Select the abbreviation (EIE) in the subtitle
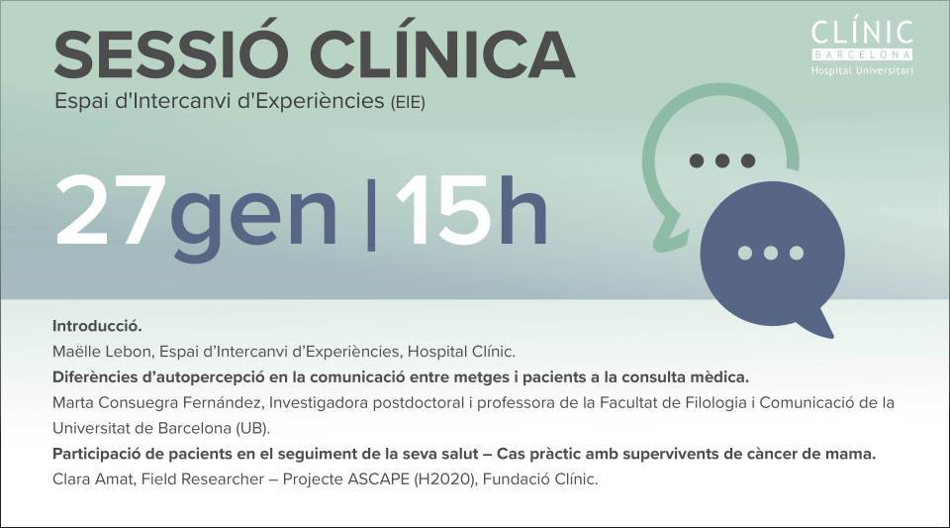point(407,102)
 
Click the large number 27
point(111,210)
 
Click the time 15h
point(471,210)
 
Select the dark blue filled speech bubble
point(772,255)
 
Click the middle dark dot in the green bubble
point(722,160)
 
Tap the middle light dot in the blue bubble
point(771,253)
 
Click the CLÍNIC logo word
point(862,32)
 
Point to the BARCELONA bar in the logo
point(862,54)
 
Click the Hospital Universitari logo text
point(862,70)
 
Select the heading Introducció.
point(97,326)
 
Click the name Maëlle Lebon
point(101,352)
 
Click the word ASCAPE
point(378,478)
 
